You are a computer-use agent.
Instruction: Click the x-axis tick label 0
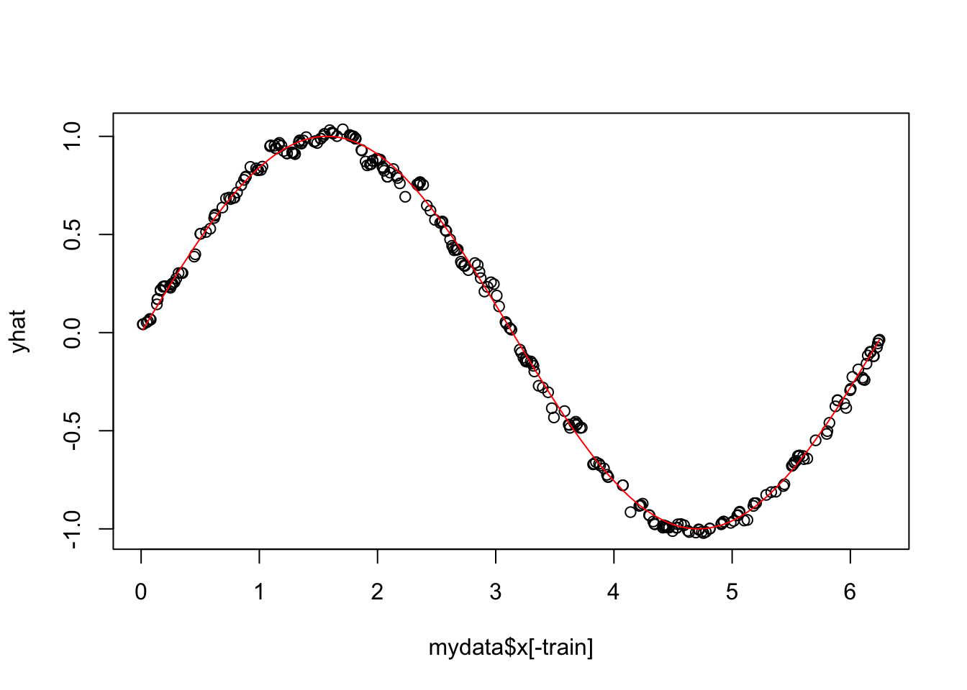pos(141,593)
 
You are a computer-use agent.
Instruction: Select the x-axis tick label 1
pos(259,593)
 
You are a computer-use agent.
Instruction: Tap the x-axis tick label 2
pos(378,593)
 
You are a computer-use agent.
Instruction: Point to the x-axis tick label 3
pos(496,593)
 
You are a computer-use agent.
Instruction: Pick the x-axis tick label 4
pos(614,593)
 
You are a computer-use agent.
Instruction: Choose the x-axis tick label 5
pos(732,593)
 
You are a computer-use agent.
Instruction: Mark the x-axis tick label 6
pos(850,593)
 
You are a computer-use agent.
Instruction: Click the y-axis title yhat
pos(19,331)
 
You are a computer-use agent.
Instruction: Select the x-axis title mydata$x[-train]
pos(511,648)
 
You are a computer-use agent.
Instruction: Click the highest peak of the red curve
pos(327,136)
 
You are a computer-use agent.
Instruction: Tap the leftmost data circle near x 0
pos(142,324)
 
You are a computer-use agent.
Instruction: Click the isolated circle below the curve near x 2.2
pos(405,196)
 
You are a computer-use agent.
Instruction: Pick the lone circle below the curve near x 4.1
pos(630,512)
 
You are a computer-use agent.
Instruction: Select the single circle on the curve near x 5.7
pos(815,440)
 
